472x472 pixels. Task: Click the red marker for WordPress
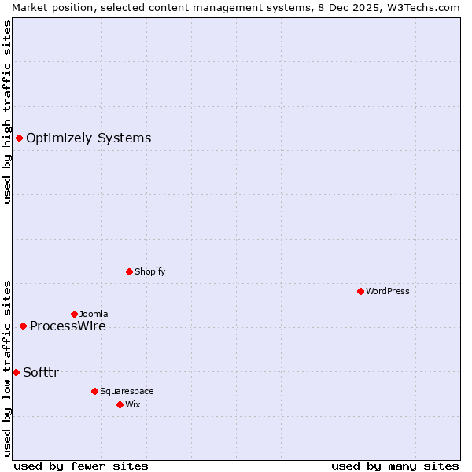(x=360, y=291)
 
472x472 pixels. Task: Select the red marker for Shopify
(x=129, y=271)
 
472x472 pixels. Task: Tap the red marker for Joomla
(x=74, y=314)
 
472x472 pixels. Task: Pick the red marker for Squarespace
(x=94, y=391)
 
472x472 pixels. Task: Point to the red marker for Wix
(x=120, y=404)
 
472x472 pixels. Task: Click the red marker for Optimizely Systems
(x=19, y=138)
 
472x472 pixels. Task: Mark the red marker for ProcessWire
(x=23, y=326)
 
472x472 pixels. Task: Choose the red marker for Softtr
(x=16, y=372)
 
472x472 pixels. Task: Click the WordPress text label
(x=388, y=291)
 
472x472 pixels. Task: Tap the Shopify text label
(x=149, y=271)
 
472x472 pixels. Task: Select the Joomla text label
(x=94, y=314)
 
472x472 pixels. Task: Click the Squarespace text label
(x=127, y=391)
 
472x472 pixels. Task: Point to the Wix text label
(x=133, y=404)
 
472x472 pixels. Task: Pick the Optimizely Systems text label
(x=88, y=138)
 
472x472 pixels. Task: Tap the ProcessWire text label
(x=68, y=326)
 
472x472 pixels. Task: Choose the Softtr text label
(x=41, y=372)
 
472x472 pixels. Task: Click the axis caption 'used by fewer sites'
(x=81, y=466)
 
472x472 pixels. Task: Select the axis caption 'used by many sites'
(x=395, y=466)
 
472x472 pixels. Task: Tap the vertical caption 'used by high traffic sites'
(x=7, y=112)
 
